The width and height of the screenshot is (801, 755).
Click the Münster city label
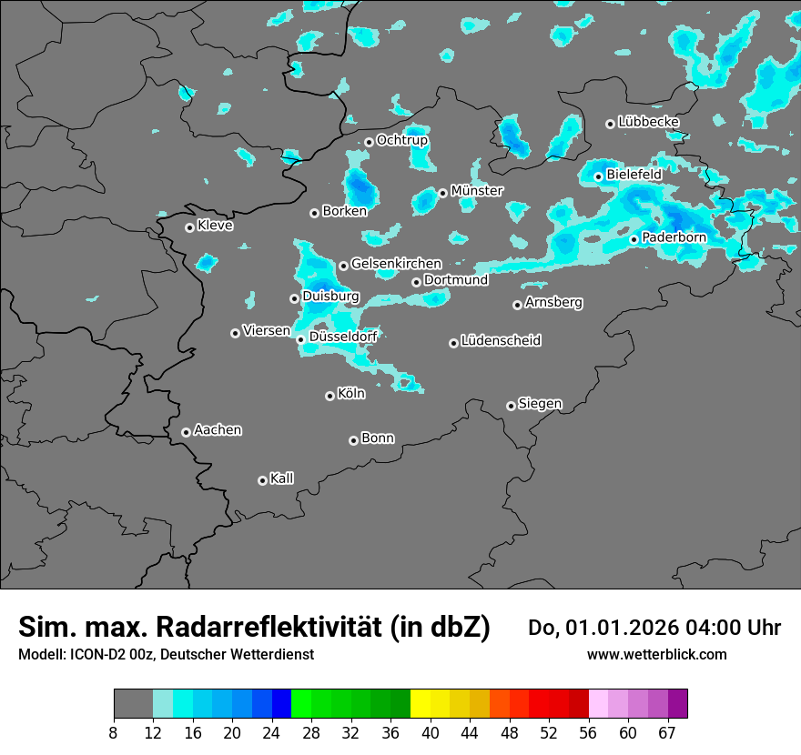pyautogui.click(x=477, y=191)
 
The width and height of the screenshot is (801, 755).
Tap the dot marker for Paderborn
pyautogui.click(x=634, y=239)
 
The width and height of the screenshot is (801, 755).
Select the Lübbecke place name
pyautogui.click(x=648, y=122)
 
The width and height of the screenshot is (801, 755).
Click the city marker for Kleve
pyautogui.click(x=189, y=227)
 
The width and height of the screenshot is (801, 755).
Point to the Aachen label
pyautogui.click(x=218, y=430)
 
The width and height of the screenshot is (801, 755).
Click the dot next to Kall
pyautogui.click(x=262, y=480)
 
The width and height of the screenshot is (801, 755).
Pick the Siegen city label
pyautogui.click(x=540, y=404)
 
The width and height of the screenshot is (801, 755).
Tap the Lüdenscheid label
pyautogui.click(x=501, y=341)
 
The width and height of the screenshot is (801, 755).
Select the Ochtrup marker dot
pyautogui.click(x=369, y=142)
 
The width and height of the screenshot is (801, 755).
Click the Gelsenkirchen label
pyautogui.click(x=396, y=264)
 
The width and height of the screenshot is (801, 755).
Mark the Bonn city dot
pyautogui.click(x=353, y=440)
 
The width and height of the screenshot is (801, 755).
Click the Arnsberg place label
pyautogui.click(x=553, y=303)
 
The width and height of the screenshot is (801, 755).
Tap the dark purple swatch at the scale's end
pyautogui.click(x=677, y=704)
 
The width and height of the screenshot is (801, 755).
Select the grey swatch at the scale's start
pyautogui.click(x=133, y=704)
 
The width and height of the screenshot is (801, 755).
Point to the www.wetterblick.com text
pyautogui.click(x=656, y=654)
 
